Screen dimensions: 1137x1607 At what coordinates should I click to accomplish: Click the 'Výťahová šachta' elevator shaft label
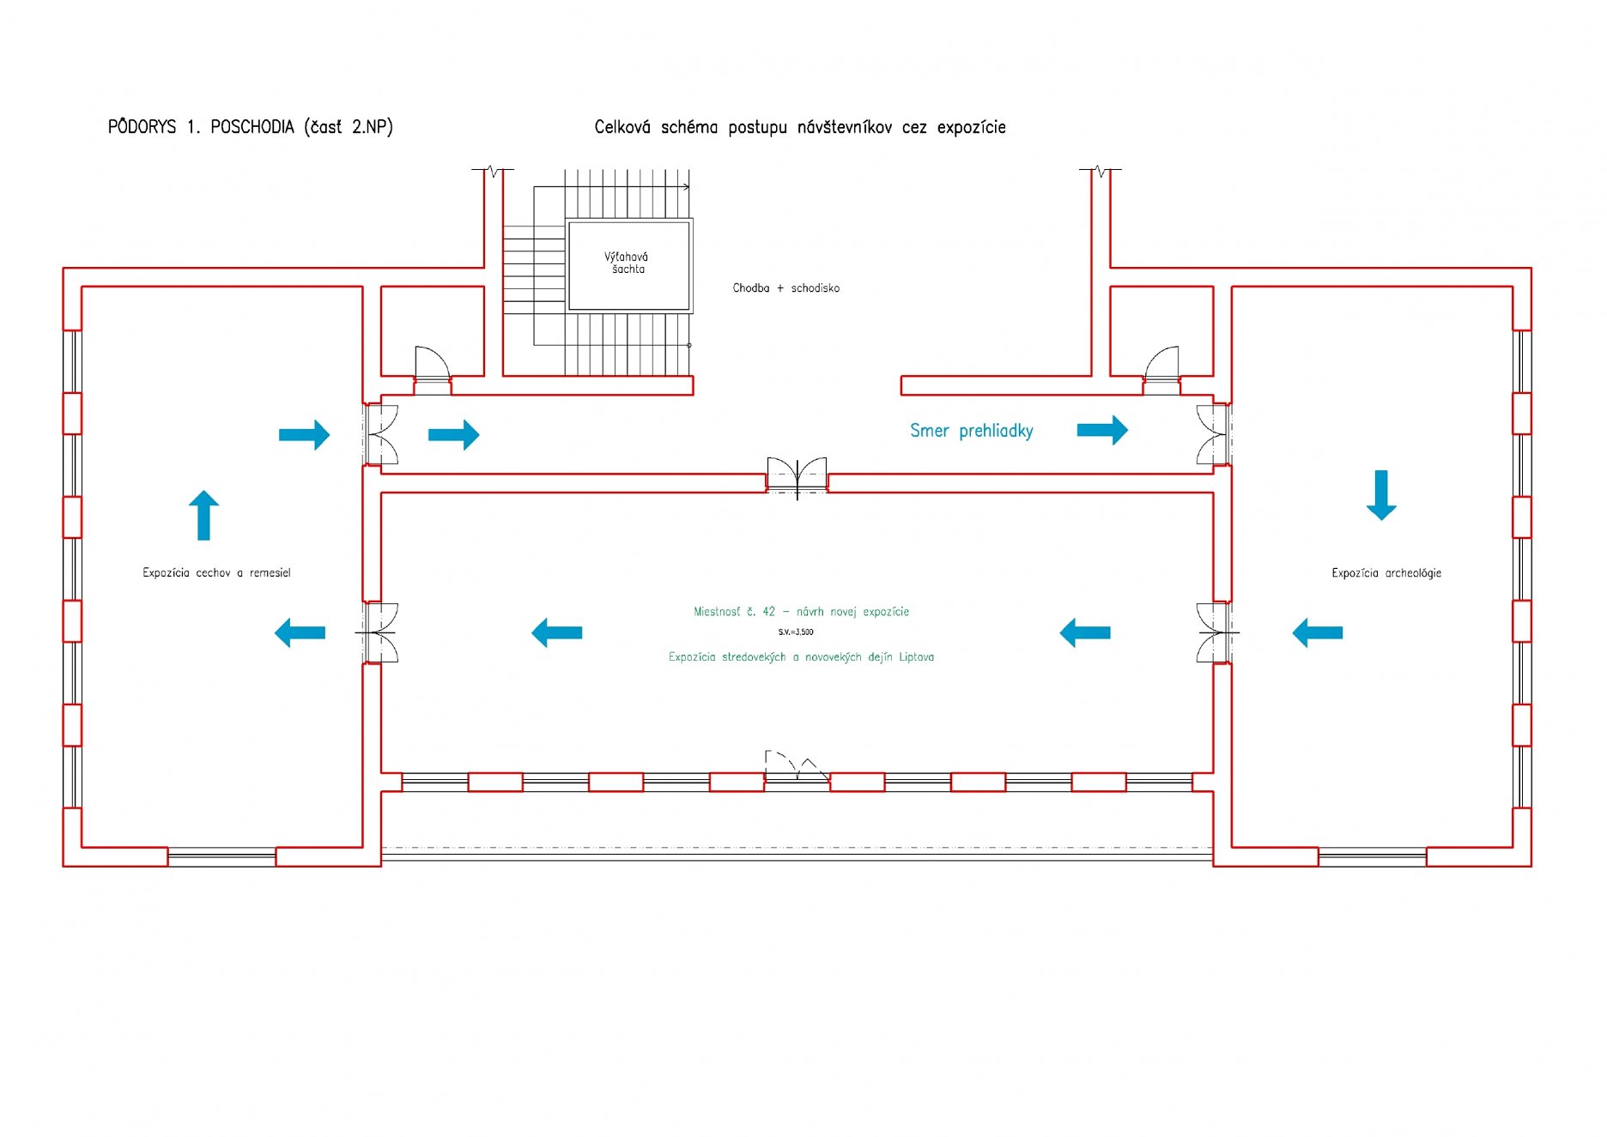click(x=627, y=263)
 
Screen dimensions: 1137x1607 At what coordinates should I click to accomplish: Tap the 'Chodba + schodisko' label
click(x=785, y=288)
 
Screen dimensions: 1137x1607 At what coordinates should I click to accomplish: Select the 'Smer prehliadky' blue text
click(x=971, y=431)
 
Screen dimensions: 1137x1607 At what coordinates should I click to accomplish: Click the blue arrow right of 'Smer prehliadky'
click(x=1102, y=430)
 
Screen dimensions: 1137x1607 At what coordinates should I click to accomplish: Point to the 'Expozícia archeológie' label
click(x=1386, y=573)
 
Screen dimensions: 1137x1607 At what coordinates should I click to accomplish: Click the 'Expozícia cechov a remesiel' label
click(x=216, y=572)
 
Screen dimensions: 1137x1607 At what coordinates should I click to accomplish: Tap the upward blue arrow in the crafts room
click(x=203, y=515)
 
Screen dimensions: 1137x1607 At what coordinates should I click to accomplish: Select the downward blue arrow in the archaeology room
click(x=1381, y=495)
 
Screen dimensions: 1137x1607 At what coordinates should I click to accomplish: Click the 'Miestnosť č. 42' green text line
click(x=801, y=612)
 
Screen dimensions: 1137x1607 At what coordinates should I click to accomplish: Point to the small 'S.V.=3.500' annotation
click(x=796, y=632)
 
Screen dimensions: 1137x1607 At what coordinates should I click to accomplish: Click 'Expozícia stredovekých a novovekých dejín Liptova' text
click(x=801, y=657)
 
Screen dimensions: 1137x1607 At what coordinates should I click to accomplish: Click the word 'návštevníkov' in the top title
click(x=844, y=127)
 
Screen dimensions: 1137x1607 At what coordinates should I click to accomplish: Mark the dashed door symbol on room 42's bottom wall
click(x=796, y=765)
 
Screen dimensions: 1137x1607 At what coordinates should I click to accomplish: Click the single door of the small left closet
click(x=432, y=364)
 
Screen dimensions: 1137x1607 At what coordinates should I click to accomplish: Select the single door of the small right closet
click(x=1162, y=364)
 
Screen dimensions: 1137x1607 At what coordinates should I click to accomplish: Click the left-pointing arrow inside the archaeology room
click(x=1318, y=633)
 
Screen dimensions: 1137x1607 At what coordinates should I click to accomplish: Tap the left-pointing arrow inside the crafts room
click(x=300, y=633)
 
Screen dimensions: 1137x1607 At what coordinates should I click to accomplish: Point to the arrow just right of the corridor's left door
click(x=453, y=435)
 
